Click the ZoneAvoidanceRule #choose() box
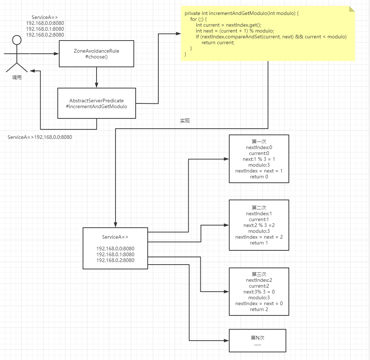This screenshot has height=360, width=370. [x=97, y=54]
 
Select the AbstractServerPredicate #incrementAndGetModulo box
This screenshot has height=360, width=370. [x=97, y=103]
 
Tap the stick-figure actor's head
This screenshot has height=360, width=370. [x=16, y=40]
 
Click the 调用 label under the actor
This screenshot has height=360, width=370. [x=16, y=77]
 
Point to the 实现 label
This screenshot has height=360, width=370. [x=185, y=121]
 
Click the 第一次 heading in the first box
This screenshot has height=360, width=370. [x=259, y=141]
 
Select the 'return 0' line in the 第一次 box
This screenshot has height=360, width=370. [x=259, y=177]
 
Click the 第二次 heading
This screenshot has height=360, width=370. [x=259, y=208]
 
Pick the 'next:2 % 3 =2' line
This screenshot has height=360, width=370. [x=259, y=225]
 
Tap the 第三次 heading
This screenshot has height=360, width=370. [x=259, y=274]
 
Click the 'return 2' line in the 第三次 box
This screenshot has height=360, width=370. [x=259, y=309]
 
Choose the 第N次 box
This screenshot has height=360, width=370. [x=257, y=340]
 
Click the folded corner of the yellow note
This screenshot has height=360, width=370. [x=352, y=8]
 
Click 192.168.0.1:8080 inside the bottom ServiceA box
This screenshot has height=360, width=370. [x=115, y=254]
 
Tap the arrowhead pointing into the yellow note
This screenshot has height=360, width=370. [x=178, y=34]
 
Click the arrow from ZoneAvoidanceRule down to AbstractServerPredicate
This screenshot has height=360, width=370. [x=97, y=77]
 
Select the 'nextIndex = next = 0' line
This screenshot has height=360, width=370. [x=259, y=303]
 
